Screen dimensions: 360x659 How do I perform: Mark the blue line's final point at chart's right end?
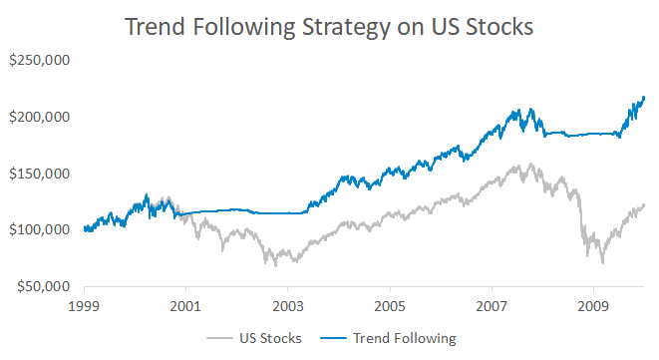click(644, 97)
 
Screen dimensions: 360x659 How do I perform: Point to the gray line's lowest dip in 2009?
click(602, 262)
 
